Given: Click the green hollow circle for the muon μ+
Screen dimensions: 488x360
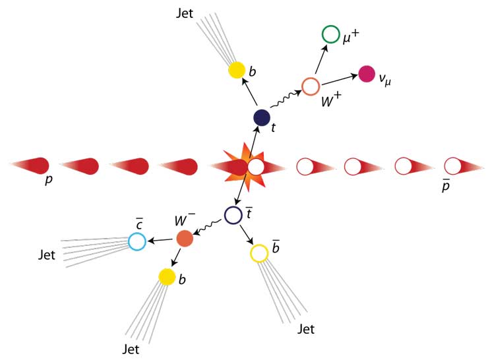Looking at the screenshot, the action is click(x=330, y=34).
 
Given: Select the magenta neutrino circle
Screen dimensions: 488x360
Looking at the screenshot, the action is click(x=367, y=74).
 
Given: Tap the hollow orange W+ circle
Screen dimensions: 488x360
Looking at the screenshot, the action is click(x=311, y=86).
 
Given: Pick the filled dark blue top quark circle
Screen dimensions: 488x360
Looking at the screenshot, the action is click(x=262, y=117).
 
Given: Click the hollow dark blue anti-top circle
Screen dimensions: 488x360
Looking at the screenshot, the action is click(x=233, y=215).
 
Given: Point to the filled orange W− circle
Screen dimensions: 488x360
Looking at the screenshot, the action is click(x=185, y=238).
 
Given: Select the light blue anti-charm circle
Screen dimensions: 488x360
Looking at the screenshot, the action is click(x=137, y=241).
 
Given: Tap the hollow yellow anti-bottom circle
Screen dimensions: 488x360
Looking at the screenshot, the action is click(x=259, y=253).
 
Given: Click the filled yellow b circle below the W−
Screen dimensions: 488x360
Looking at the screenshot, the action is click(x=167, y=277).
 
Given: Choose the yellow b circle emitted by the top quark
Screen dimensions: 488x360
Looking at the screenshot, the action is click(x=237, y=70).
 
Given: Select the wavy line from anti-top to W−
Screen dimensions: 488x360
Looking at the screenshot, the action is click(x=208, y=227).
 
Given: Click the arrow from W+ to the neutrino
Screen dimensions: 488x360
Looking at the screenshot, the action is click(x=339, y=79).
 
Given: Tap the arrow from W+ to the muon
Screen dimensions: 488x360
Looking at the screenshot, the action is click(x=322, y=59).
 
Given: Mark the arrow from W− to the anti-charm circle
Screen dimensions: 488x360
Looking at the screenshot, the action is click(x=160, y=240).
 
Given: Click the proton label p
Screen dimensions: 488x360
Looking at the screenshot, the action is click(x=49, y=179).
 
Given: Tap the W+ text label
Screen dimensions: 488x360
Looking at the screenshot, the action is click(x=331, y=100).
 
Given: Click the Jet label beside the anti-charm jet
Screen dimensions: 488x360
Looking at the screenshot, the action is click(x=47, y=255).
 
